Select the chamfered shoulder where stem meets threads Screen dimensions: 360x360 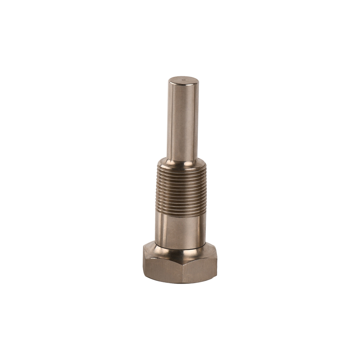[x=180, y=164]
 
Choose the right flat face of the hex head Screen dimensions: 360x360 [x=210, y=264]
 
